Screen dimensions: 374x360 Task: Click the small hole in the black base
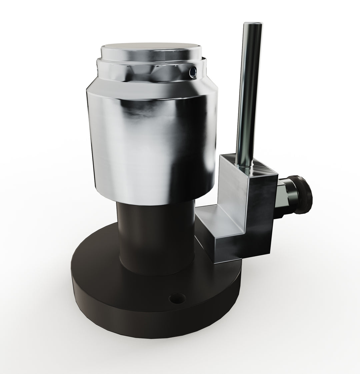click(x=174, y=298)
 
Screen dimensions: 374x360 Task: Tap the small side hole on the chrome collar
click(x=192, y=71)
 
